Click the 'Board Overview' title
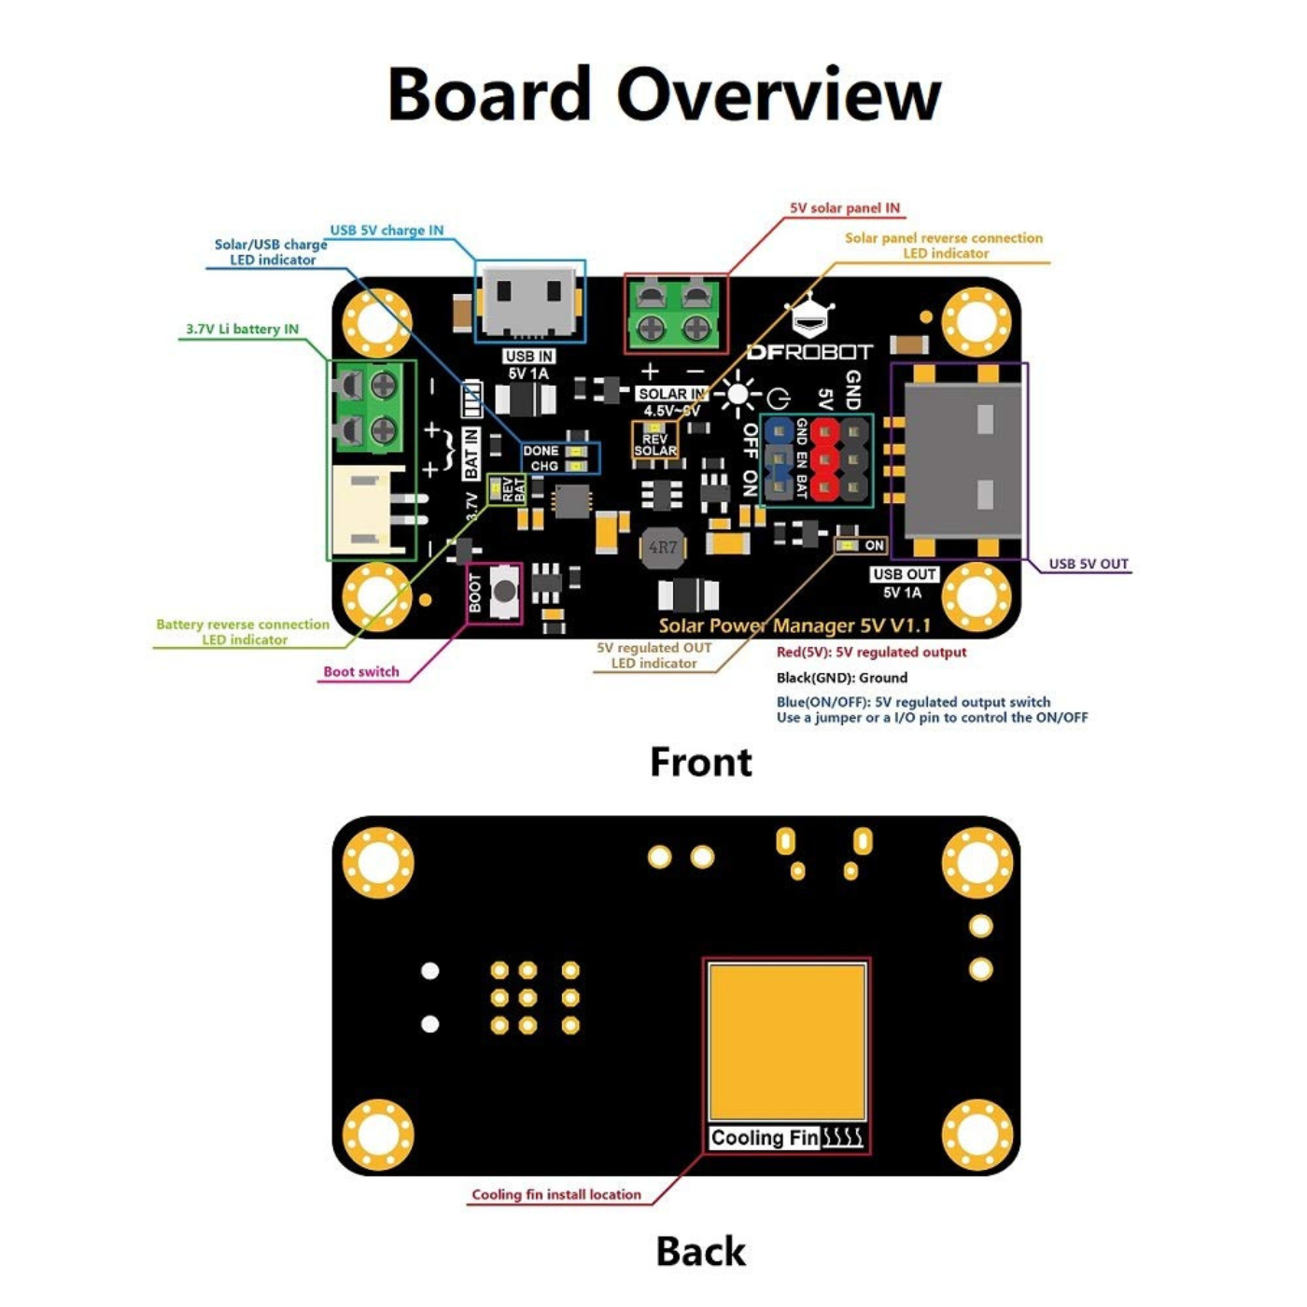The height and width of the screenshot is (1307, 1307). tap(664, 95)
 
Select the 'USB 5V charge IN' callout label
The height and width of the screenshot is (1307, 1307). tap(386, 231)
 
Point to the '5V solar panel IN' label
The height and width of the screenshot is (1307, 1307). tap(845, 208)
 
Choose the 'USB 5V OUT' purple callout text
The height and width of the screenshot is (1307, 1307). tap(1089, 564)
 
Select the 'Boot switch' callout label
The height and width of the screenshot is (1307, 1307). tap(361, 671)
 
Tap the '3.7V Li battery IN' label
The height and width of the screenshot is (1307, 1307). tap(242, 330)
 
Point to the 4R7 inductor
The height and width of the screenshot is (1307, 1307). tap(662, 547)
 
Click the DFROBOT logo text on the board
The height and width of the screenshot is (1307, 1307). tap(809, 352)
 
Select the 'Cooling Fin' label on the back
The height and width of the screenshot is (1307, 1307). tap(765, 1138)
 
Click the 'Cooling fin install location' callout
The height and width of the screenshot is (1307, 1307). tap(556, 1194)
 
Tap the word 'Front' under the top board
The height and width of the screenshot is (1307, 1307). tap(700, 762)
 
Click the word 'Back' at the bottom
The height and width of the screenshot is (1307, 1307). tap(700, 1252)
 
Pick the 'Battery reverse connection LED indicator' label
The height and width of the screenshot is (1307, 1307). tap(243, 632)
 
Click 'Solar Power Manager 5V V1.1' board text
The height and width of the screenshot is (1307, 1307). tap(794, 625)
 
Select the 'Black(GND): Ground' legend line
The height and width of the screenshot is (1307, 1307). tap(841, 678)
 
